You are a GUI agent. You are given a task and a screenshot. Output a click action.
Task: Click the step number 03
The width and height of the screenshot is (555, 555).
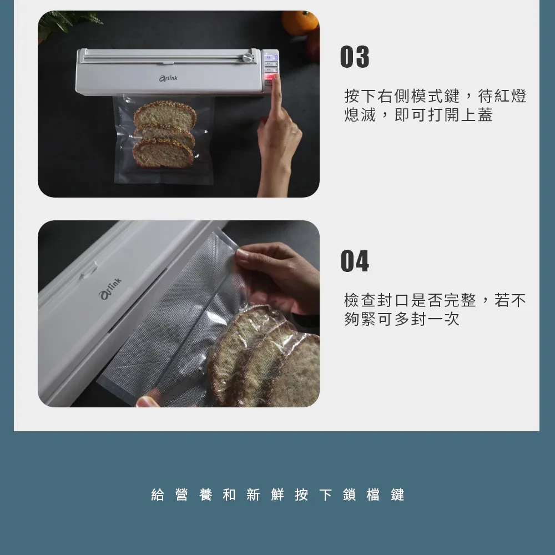(x=354, y=56)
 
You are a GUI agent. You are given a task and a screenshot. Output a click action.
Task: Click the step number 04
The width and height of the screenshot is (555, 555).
(x=355, y=261)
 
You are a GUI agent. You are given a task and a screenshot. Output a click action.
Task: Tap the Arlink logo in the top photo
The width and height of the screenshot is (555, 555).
(x=168, y=78)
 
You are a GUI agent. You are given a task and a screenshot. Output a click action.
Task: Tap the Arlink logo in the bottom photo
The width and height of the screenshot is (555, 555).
(x=110, y=289)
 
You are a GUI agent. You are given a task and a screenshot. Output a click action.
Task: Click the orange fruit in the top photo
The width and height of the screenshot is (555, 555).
(x=300, y=22)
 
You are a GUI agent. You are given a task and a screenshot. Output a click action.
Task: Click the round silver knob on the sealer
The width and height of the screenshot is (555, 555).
(x=248, y=58)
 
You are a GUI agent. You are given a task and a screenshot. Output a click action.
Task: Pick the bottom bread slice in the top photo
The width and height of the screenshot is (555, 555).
(x=163, y=154)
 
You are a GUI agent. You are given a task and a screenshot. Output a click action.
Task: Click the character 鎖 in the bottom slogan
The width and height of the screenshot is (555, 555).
(x=349, y=495)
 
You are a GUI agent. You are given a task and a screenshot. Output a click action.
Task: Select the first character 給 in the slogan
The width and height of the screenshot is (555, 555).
(x=158, y=495)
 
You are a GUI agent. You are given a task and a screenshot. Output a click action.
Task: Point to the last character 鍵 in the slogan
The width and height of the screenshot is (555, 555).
(x=397, y=495)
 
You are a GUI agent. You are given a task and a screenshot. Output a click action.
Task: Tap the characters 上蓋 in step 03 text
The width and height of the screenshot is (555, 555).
(x=477, y=115)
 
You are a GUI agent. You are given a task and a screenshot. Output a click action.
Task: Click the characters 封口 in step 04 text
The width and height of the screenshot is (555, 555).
(x=393, y=300)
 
